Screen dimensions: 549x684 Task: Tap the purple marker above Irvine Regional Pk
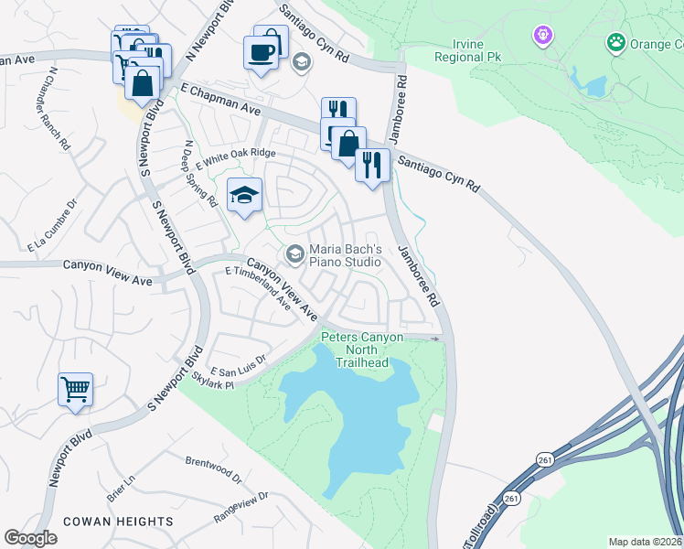click(x=543, y=36)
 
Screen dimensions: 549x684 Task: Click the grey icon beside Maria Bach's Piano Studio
click(x=294, y=254)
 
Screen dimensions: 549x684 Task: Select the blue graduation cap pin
click(x=244, y=196)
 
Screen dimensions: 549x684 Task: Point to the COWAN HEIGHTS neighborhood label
click(x=118, y=521)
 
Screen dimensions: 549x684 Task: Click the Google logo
click(x=30, y=537)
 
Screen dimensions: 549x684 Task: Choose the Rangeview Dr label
click(x=240, y=508)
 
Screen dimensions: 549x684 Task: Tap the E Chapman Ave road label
click(x=220, y=100)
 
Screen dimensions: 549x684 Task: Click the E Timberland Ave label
click(x=258, y=290)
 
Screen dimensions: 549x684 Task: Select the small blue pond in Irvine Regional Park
click(x=594, y=86)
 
